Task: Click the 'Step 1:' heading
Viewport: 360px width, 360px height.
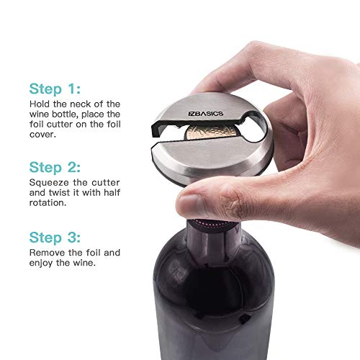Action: point(55,89)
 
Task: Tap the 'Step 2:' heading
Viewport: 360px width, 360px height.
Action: point(55,167)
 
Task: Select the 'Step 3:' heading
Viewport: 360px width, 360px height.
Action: point(55,238)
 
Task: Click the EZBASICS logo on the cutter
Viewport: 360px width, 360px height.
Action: point(206,114)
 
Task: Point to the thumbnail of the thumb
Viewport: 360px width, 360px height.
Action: point(190,205)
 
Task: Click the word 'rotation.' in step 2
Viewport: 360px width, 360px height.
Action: point(48,203)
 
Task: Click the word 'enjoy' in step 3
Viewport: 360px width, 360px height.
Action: point(41,264)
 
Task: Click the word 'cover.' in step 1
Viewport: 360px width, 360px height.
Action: point(42,135)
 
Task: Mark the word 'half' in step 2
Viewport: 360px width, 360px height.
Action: point(112,193)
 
